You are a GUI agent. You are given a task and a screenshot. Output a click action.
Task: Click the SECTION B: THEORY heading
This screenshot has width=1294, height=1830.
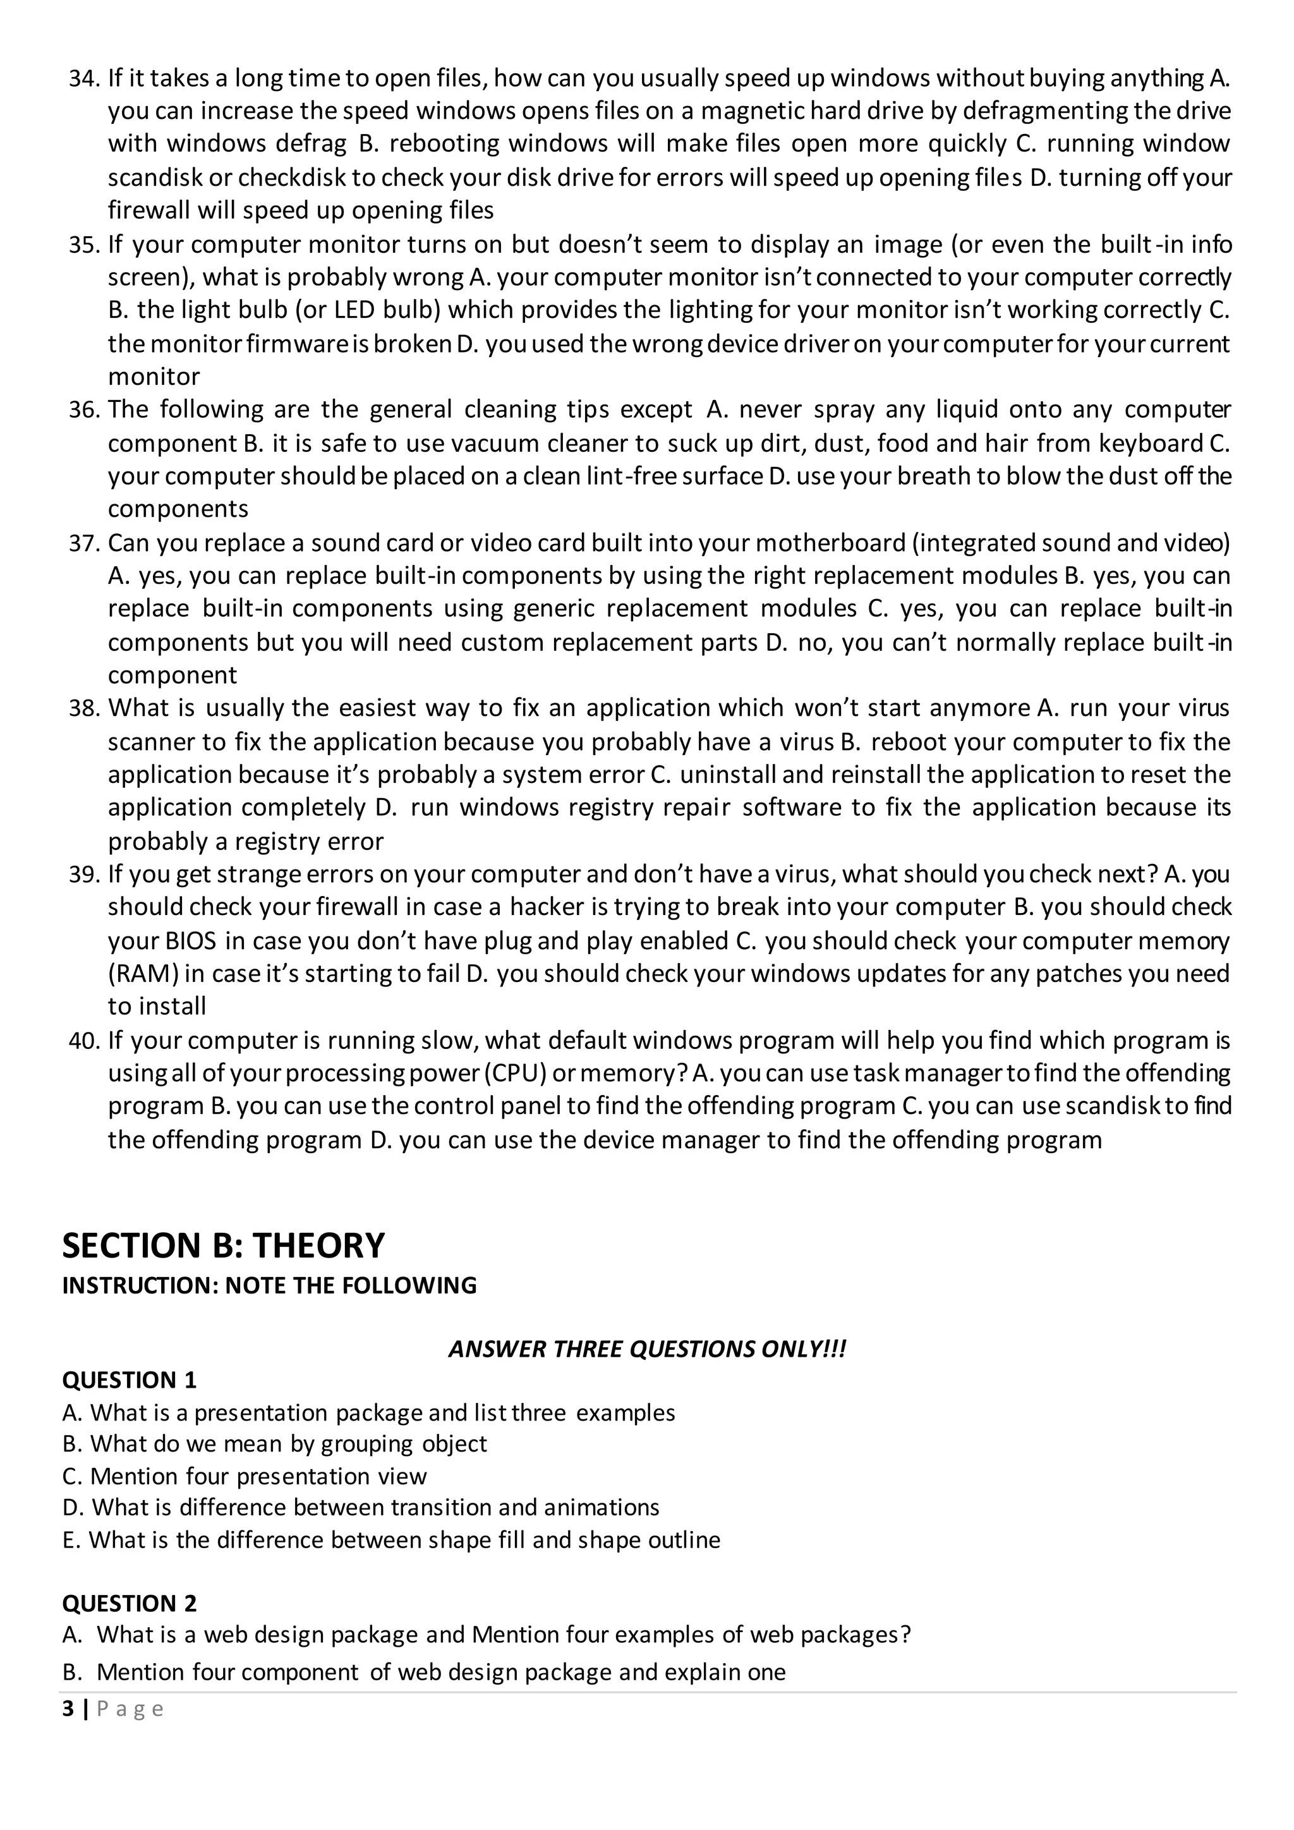click(x=223, y=1245)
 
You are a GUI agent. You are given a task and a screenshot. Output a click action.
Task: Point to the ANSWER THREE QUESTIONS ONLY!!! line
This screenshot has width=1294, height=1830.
click(x=646, y=1349)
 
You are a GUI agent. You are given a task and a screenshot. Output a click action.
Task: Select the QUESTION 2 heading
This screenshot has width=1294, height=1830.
click(x=129, y=1603)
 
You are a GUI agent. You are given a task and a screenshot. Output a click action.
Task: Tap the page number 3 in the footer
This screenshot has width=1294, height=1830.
click(x=68, y=1709)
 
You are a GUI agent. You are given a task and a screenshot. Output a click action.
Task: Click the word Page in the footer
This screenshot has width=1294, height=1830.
click(x=130, y=1709)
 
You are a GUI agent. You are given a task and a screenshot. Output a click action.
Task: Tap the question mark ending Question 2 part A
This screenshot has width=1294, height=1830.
click(x=904, y=1635)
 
